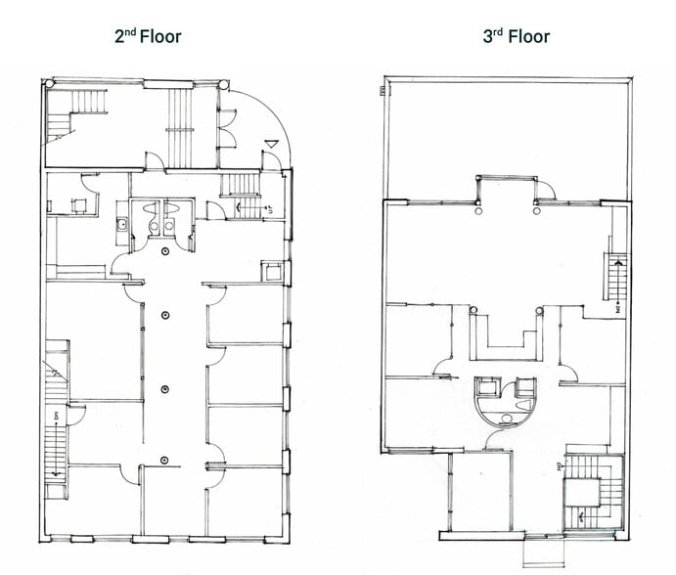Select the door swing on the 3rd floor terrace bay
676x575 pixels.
pyautogui.click(x=549, y=190)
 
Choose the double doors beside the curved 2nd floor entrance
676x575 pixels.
pyautogui.click(x=227, y=129)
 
